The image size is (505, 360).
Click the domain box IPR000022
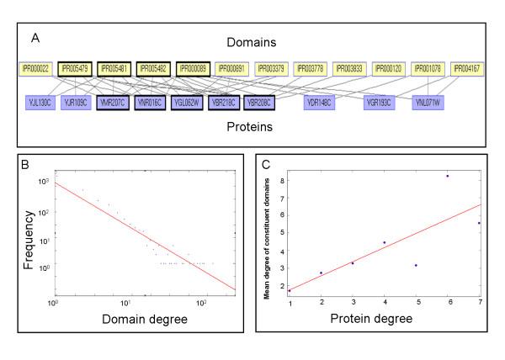point(35,68)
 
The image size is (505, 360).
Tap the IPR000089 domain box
point(194,68)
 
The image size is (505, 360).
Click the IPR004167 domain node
point(469,68)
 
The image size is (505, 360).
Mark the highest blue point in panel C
point(447,176)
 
